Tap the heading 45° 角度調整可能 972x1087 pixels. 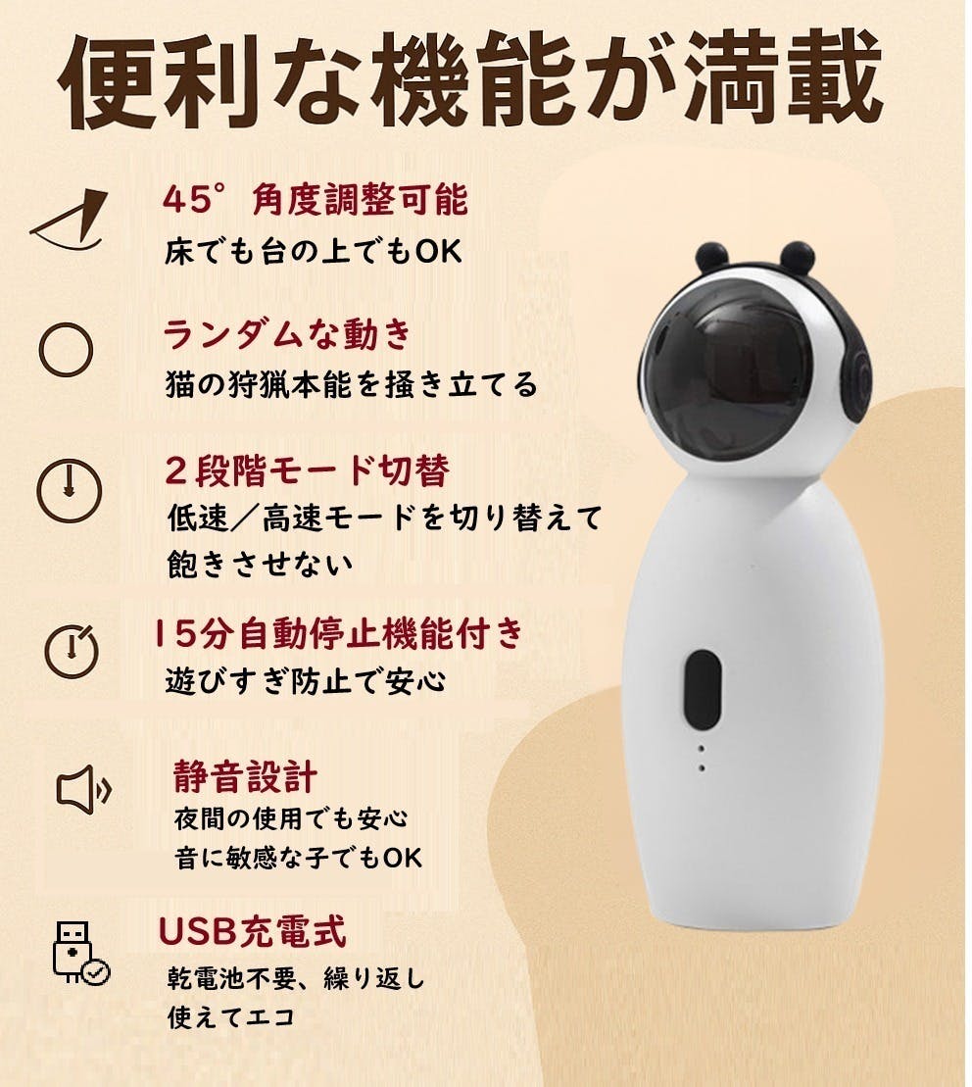[x=315, y=200]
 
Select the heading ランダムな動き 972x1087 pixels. [x=286, y=335]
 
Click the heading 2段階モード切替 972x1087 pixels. [x=306, y=470]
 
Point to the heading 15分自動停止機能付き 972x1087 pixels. [x=339, y=634]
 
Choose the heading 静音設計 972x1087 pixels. [x=244, y=776]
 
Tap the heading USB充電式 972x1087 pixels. [x=252, y=932]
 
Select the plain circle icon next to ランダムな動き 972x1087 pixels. [x=67, y=350]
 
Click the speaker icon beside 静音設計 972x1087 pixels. [x=83, y=789]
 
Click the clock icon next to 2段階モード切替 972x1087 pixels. [x=69, y=487]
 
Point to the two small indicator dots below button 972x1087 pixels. [x=702, y=759]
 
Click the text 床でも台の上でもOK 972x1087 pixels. [x=312, y=251]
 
